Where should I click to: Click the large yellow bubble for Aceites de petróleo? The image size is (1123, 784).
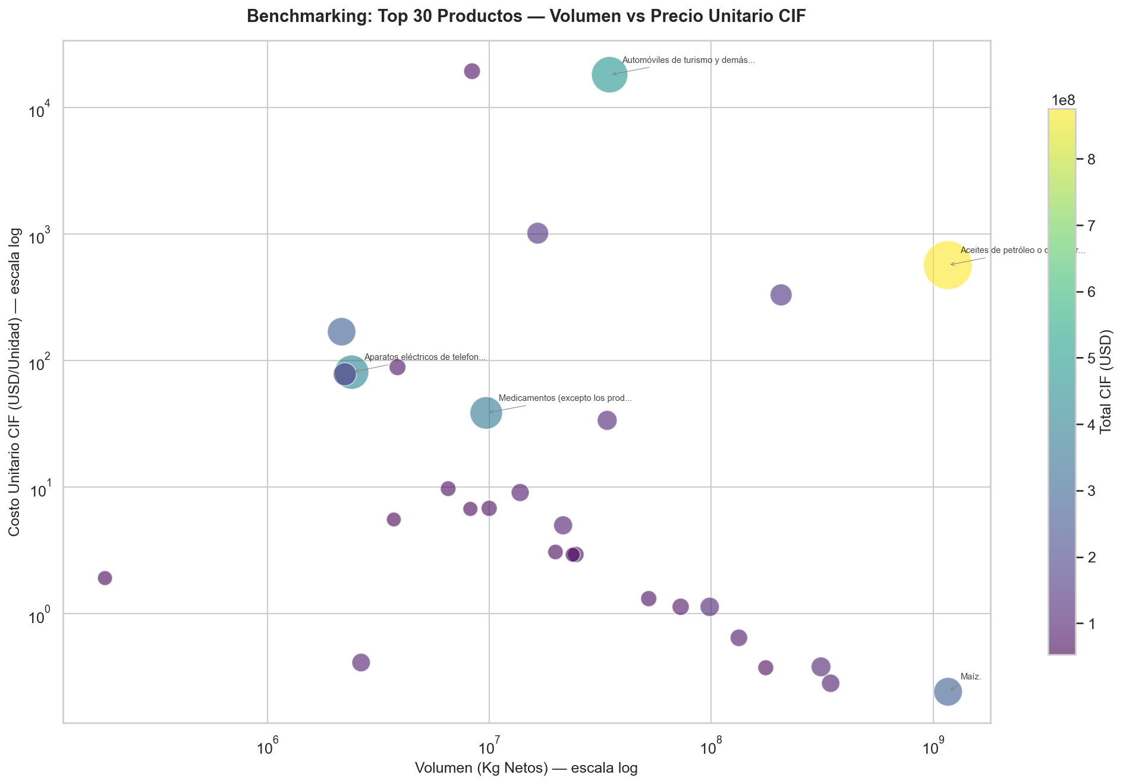(948, 265)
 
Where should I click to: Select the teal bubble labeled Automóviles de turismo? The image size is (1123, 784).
(609, 74)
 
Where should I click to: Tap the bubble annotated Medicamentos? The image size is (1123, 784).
(486, 413)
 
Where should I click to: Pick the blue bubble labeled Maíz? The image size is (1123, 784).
(948, 691)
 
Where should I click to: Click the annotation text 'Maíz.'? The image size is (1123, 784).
(970, 676)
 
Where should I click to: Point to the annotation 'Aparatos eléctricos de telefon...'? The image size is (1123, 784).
(425, 358)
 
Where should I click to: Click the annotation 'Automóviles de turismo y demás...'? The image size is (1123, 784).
(688, 61)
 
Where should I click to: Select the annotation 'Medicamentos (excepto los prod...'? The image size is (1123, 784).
(565, 399)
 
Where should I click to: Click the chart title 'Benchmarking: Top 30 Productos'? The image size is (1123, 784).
(526, 17)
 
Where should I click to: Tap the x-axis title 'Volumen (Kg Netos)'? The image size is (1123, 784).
(526, 768)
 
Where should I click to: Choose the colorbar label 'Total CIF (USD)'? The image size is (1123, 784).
(1106, 382)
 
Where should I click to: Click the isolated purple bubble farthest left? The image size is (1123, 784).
(105, 578)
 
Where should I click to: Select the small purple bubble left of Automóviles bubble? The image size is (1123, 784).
(471, 71)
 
